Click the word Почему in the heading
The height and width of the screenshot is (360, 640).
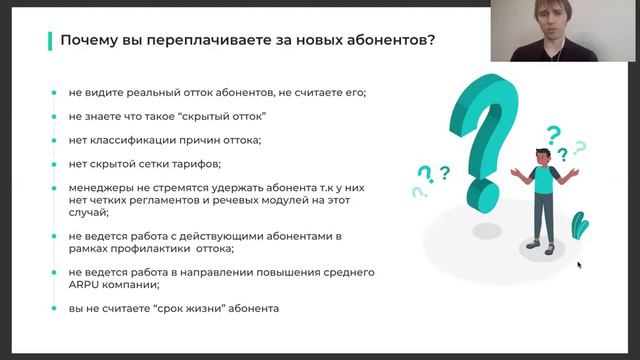[x=89, y=41]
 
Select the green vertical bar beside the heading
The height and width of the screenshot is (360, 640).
[x=50, y=40]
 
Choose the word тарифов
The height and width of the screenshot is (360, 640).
[x=194, y=163]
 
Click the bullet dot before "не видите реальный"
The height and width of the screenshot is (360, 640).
[x=55, y=93]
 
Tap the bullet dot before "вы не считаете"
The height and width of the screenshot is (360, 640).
[x=55, y=308]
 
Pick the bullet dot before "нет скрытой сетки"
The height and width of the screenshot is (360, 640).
[x=55, y=163]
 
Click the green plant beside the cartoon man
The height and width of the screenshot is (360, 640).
[x=579, y=227]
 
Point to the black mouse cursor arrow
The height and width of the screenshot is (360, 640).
[x=578, y=265]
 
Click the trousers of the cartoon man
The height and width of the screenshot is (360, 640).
[x=542, y=215]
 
